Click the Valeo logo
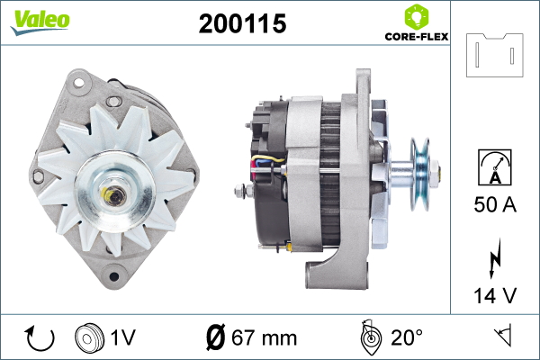[40, 22]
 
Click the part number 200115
[242, 23]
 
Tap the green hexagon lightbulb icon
[417, 17]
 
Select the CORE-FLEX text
[417, 37]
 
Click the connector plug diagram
[494, 55]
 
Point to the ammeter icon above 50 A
[495, 167]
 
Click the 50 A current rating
[495, 204]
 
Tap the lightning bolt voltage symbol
[495, 257]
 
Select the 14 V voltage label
[495, 295]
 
